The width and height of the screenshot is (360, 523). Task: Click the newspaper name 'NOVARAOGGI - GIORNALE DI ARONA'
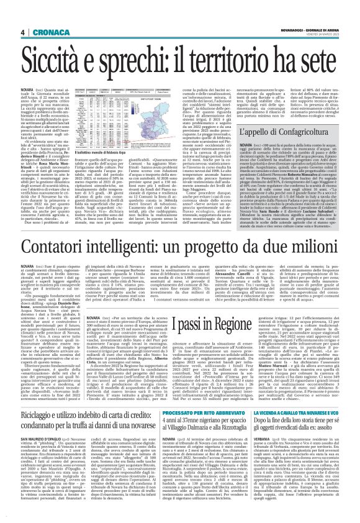(x=313, y=29)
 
